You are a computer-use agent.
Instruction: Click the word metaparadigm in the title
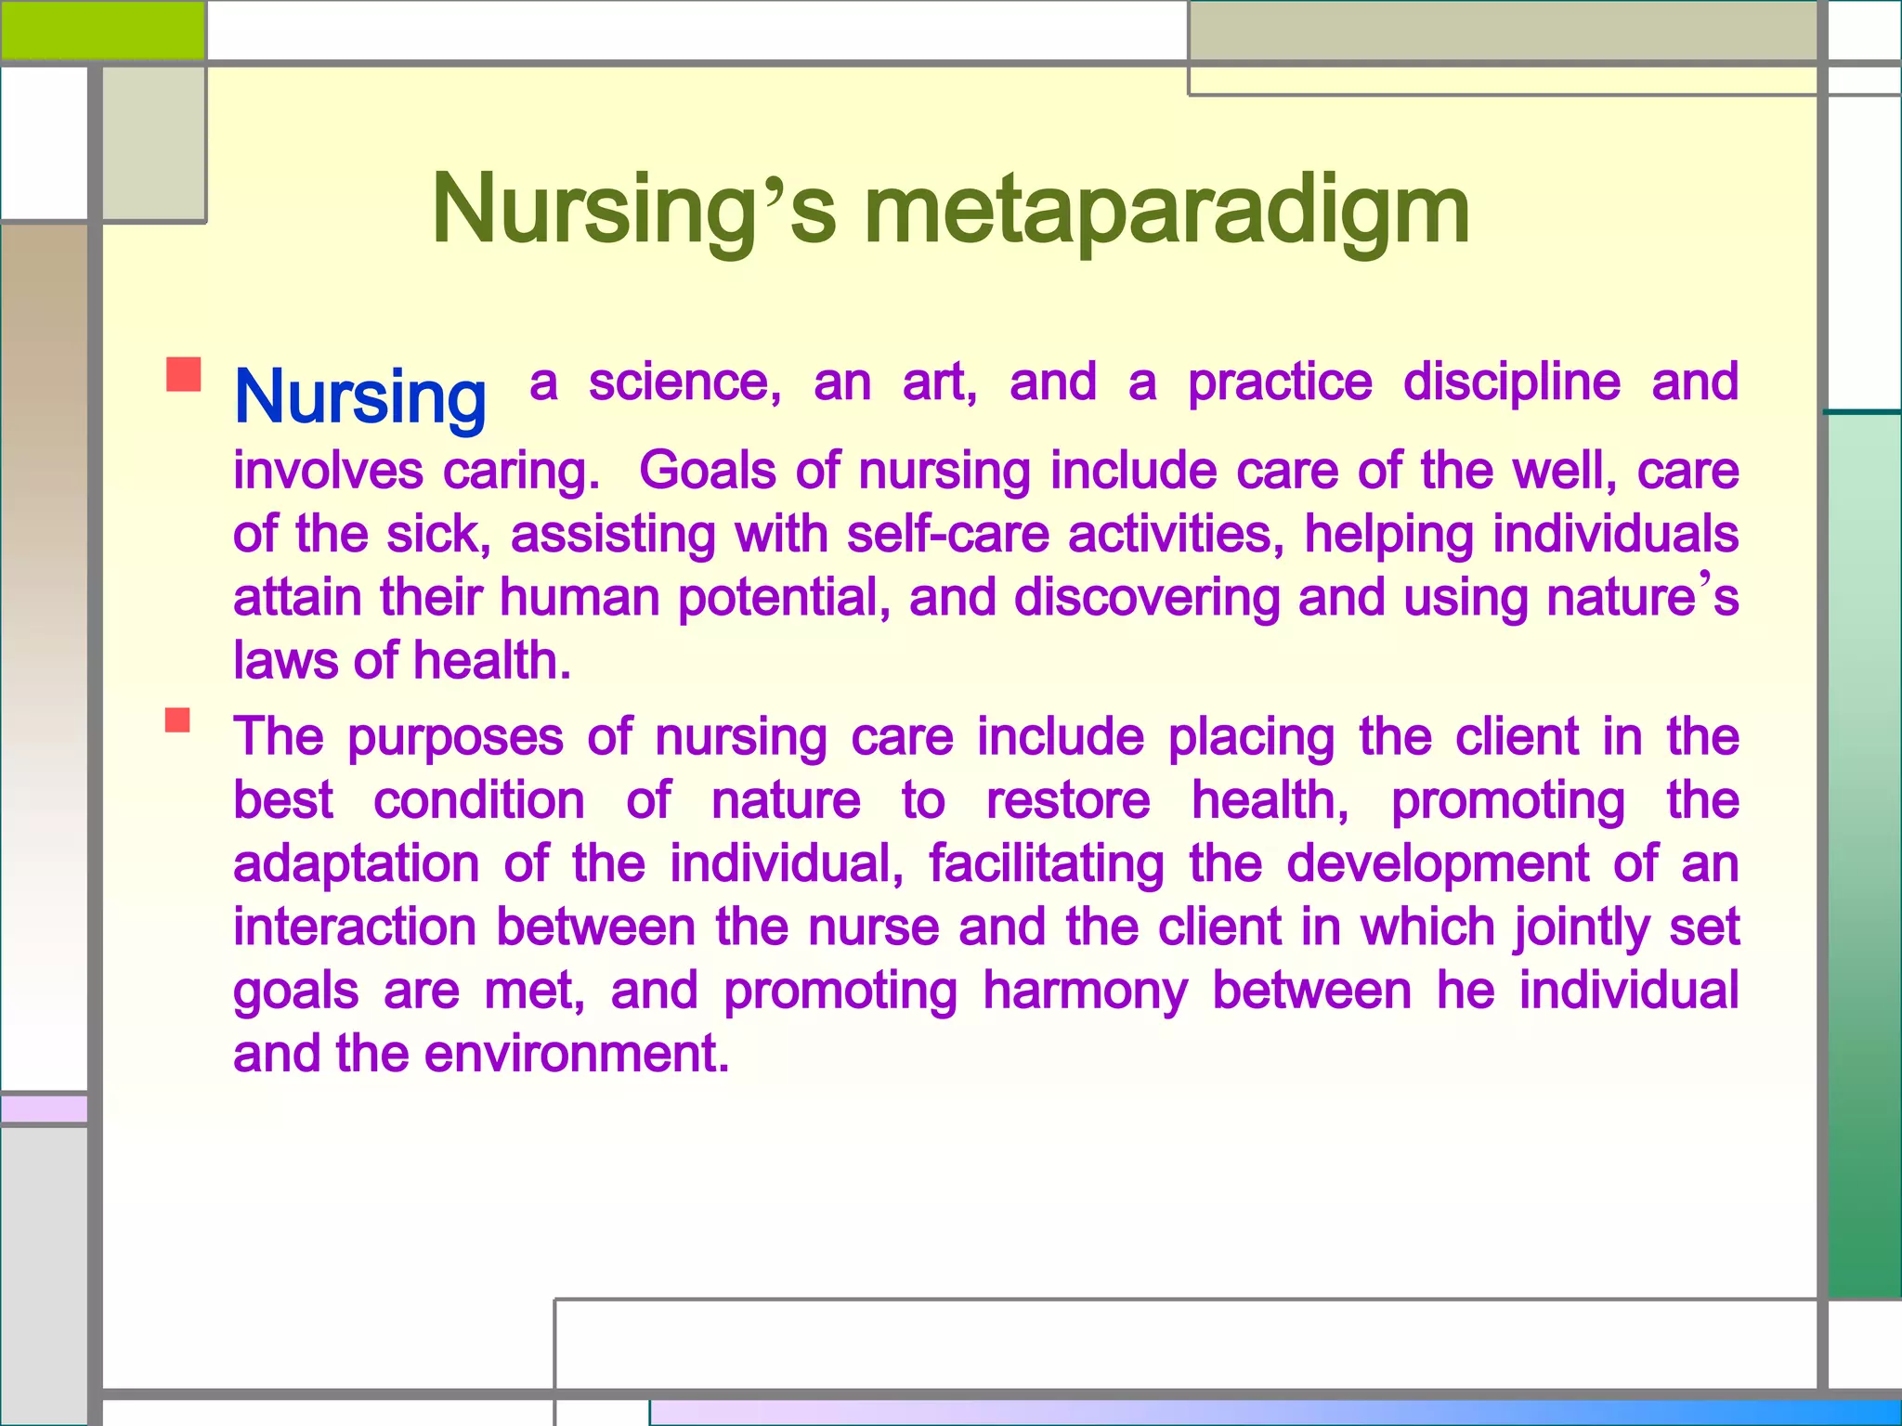pyautogui.click(x=1166, y=212)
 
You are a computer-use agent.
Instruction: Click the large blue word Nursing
pyautogui.click(x=360, y=397)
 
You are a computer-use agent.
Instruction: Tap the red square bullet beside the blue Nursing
pyautogui.click(x=184, y=374)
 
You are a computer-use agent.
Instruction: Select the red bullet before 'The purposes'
pyautogui.click(x=177, y=720)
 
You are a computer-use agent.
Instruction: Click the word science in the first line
pyautogui.click(x=684, y=382)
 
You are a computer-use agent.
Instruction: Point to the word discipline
pyautogui.click(x=1511, y=382)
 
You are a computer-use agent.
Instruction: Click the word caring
pyautogui.click(x=521, y=471)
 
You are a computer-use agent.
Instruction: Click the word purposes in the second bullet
pyautogui.click(x=455, y=738)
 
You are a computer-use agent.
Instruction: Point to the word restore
pyautogui.click(x=1068, y=800)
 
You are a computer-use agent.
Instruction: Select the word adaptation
pyautogui.click(x=356, y=863)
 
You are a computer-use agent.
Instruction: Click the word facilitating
pyautogui.click(x=1046, y=863)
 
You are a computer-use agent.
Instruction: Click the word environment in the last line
pyautogui.click(x=576, y=1055)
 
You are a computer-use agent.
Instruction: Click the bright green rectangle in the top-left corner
pyautogui.click(x=102, y=30)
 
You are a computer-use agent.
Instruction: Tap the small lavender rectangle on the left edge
pyautogui.click(x=44, y=1108)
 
